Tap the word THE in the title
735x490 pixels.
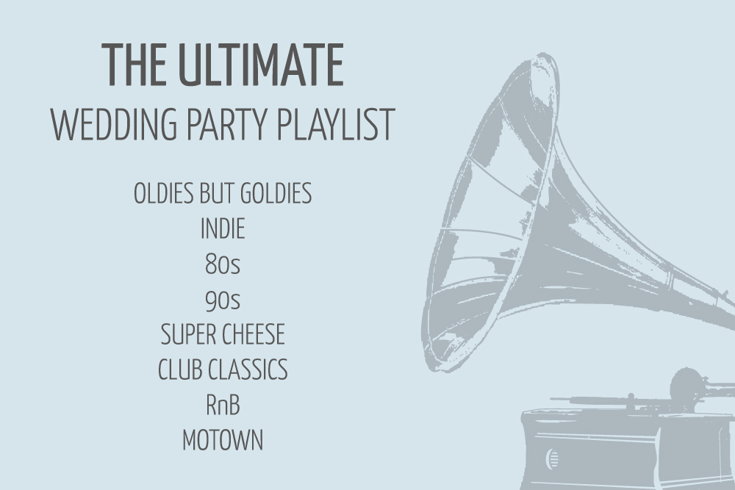click(134, 65)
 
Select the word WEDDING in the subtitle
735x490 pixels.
click(114, 124)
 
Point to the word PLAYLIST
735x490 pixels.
click(336, 124)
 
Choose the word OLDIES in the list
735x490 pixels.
click(164, 193)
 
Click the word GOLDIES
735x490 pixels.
click(276, 193)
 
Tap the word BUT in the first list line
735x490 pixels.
click(217, 193)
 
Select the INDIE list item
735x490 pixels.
click(223, 228)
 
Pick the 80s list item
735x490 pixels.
click(223, 264)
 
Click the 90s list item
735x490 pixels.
click(223, 299)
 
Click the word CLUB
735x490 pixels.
click(180, 370)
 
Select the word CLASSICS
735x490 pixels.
click(248, 370)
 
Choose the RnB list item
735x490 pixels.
click(223, 406)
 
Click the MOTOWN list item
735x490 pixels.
click(223, 440)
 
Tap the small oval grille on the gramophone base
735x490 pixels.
click(552, 458)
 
